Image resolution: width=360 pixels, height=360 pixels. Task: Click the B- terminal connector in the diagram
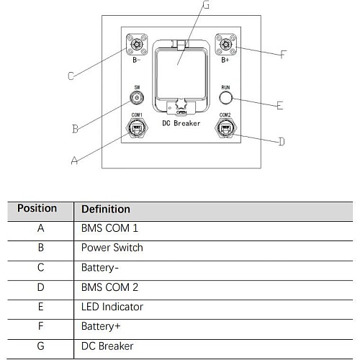pyautogui.click(x=137, y=45)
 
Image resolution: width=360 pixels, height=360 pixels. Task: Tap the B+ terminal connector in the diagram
pyautogui.click(x=225, y=45)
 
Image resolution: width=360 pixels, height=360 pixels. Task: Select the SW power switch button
pyautogui.click(x=137, y=98)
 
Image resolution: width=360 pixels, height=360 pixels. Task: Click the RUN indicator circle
pyautogui.click(x=225, y=98)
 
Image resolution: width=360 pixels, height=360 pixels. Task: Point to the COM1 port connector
pyautogui.click(x=137, y=128)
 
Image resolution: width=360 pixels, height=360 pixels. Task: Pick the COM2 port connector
pyautogui.click(x=225, y=128)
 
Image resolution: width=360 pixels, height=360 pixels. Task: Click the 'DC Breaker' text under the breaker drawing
pyautogui.click(x=181, y=123)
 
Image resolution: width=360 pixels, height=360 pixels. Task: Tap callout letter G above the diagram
pyautogui.click(x=206, y=4)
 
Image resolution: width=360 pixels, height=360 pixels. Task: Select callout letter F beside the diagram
pyautogui.click(x=284, y=55)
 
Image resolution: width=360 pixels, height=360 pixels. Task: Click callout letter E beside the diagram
pyautogui.click(x=280, y=105)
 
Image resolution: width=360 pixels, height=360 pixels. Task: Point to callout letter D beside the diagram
pyautogui.click(x=282, y=141)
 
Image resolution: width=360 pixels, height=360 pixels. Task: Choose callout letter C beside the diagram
pyautogui.click(x=71, y=76)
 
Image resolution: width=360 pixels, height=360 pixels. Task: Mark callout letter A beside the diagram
pyautogui.click(x=75, y=161)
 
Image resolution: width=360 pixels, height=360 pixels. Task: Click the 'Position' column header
pyautogui.click(x=37, y=208)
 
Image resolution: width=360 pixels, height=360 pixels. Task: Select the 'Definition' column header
pyautogui.click(x=106, y=209)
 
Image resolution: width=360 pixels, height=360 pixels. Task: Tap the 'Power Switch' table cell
pyautogui.click(x=112, y=248)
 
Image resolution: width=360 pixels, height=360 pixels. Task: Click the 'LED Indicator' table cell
pyautogui.click(x=112, y=307)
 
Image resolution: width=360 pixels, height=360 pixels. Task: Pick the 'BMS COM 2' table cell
pyautogui.click(x=109, y=287)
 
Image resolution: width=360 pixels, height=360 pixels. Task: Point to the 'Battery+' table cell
pyautogui.click(x=101, y=327)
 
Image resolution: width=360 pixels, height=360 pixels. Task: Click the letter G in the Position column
pyautogui.click(x=41, y=346)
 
